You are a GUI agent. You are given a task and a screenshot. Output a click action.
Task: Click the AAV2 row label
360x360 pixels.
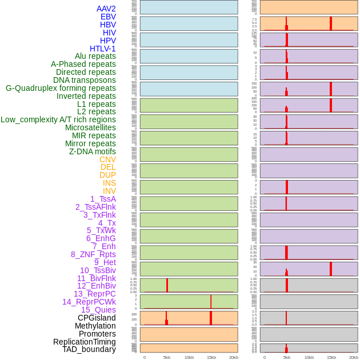pyautogui.click(x=106, y=9)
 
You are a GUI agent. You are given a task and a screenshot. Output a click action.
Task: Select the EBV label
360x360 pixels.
pyautogui.click(x=108, y=17)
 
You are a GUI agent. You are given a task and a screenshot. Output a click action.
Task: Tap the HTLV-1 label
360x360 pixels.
pyautogui.click(x=102, y=49)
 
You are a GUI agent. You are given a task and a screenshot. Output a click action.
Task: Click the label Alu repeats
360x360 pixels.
pyautogui.click(x=95, y=56)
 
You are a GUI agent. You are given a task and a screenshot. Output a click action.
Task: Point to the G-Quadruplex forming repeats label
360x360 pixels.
pyautogui.click(x=61, y=88)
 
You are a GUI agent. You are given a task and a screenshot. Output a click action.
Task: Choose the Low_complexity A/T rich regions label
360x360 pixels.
pyautogui.click(x=58, y=119)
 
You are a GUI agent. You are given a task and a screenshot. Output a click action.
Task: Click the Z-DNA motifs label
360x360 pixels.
pyautogui.click(x=92, y=151)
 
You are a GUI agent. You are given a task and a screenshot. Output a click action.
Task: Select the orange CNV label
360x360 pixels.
pyautogui.click(x=107, y=159)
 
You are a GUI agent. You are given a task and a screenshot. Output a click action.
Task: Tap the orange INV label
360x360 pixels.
pyautogui.click(x=109, y=191)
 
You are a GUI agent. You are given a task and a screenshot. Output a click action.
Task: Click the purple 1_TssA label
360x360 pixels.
pyautogui.click(x=103, y=199)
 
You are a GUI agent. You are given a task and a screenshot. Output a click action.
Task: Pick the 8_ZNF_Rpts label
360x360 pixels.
pyautogui.click(x=93, y=254)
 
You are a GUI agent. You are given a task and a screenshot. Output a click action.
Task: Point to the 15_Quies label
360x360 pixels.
pyautogui.click(x=98, y=310)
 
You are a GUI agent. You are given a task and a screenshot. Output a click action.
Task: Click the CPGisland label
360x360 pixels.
pyautogui.click(x=97, y=318)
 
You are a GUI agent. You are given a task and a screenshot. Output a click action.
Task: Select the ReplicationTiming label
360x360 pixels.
pyautogui.click(x=85, y=342)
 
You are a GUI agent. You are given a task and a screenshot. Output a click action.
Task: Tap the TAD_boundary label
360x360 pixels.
pyautogui.click(x=89, y=349)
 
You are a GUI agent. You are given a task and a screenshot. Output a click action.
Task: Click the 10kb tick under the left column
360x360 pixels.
pyautogui.click(x=189, y=357)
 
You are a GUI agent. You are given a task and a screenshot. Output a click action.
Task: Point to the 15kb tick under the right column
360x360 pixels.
pyautogui.click(x=331, y=357)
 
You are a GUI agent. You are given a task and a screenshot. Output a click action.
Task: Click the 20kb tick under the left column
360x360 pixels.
pyautogui.click(x=234, y=357)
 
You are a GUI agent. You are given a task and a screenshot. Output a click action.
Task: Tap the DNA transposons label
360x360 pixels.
pyautogui.click(x=85, y=80)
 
